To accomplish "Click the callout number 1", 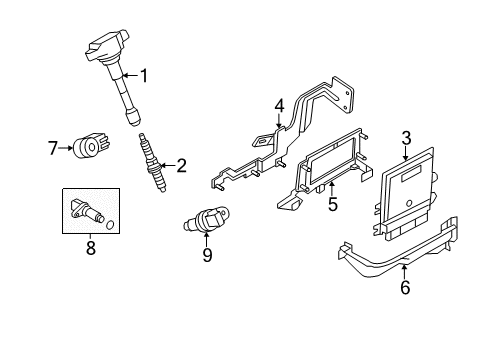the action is tap(144, 76).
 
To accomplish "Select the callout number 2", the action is tap(181, 166).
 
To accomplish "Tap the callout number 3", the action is tap(406, 138).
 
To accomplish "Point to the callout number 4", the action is tap(279, 106).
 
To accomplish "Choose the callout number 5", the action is tap(332, 204).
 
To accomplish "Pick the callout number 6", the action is tap(405, 287).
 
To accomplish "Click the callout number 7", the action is tap(52, 148).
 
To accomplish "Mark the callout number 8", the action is tap(91, 248).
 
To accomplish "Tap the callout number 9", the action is tap(207, 255).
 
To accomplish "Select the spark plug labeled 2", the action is tap(153, 163).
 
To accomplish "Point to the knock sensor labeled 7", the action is tap(92, 146).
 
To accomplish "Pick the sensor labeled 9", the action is tap(207, 219).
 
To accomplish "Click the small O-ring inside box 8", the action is tap(110, 225).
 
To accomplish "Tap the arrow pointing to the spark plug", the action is tap(168, 165).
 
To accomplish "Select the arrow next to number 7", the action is tap(65, 148).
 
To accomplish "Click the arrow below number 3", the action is tap(406, 154).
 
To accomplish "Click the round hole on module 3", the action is tap(409, 203).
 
